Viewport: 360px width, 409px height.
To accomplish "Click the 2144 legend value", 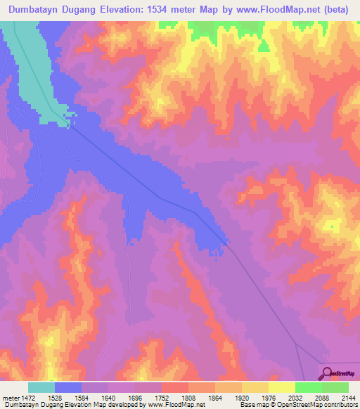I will tap(348, 397).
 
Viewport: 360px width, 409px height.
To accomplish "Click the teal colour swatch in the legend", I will tap(41, 387).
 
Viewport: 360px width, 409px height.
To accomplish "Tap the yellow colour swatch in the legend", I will tap(281, 387).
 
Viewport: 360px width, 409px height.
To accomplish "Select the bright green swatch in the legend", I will tap(308, 387).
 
